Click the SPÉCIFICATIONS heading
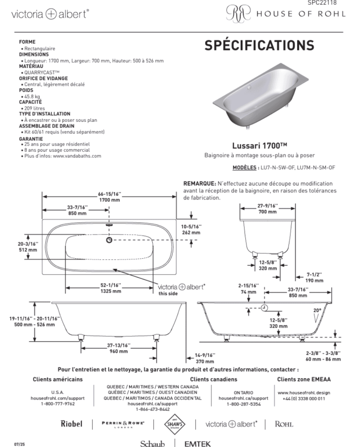(x=259, y=45)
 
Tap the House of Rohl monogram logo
(x=238, y=14)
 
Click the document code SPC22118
(x=322, y=3)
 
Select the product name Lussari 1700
(x=259, y=146)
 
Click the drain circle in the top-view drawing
(x=109, y=240)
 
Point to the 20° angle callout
(x=317, y=310)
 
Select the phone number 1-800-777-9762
(x=58, y=404)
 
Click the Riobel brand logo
(x=71, y=424)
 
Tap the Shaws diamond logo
(x=174, y=424)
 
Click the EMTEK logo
(x=197, y=443)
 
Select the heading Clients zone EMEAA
(x=304, y=379)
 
